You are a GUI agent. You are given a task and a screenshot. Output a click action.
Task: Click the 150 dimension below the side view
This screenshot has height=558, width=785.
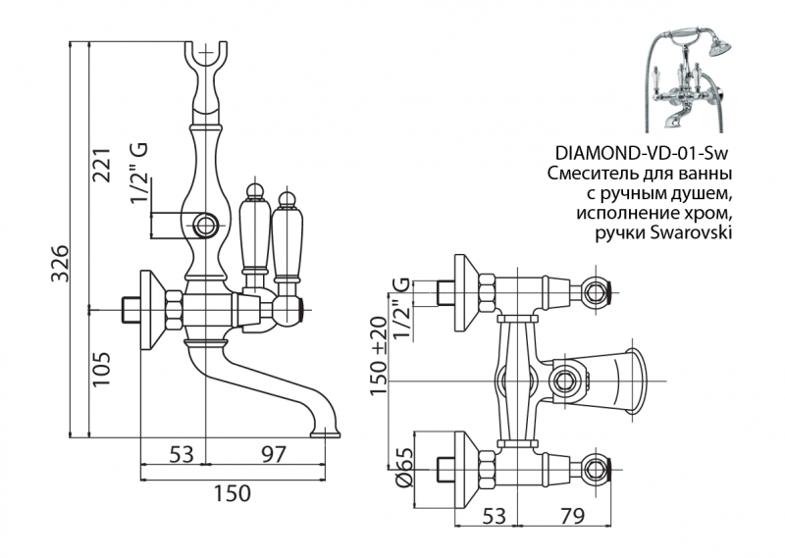coord(232,492)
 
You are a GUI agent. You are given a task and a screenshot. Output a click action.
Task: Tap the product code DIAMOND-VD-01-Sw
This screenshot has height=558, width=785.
coord(644,154)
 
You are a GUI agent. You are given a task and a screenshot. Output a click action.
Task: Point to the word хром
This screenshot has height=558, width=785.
coord(711,212)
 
